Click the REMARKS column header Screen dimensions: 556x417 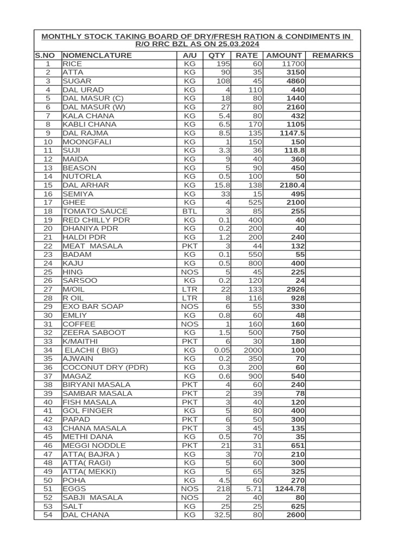point(333,55)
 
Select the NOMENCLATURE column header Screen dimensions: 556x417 point(97,55)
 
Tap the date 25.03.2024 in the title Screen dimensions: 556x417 point(235,44)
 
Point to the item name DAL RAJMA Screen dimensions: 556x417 point(85,133)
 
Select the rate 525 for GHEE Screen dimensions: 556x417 point(254,203)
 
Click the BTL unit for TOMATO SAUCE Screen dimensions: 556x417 point(189,211)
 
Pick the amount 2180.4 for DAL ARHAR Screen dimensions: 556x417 point(292,185)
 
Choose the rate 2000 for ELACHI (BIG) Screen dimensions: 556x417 point(252,350)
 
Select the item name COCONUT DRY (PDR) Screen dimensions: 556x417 point(105,368)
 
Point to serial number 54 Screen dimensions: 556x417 point(48,515)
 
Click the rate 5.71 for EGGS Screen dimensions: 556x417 point(252,489)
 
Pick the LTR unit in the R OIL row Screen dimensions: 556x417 point(189,298)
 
